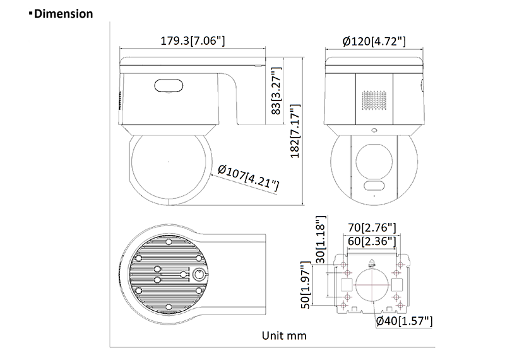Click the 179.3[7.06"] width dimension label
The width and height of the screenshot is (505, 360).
coord(193,40)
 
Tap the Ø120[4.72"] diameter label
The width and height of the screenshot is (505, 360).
coord(374,41)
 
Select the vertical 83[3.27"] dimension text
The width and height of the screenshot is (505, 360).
coord(276,91)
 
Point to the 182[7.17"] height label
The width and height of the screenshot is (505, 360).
coord(295,131)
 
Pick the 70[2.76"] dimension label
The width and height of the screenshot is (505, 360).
coord(372,227)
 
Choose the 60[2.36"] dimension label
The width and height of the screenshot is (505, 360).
coord(372,241)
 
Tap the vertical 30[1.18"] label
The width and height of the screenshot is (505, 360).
coord(321,239)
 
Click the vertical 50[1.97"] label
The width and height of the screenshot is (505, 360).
coord(306,285)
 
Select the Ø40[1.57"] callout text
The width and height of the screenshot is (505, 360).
coord(404,321)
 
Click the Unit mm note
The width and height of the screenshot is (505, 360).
coord(284,335)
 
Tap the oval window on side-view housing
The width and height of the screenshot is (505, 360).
coord(169,85)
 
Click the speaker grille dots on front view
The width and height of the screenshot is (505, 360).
coord(374,100)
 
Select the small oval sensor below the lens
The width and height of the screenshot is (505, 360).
coord(374,186)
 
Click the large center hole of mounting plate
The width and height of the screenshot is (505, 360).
coord(372,285)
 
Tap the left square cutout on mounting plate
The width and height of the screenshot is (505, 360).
coord(347,285)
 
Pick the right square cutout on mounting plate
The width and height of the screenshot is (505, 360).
coord(397,285)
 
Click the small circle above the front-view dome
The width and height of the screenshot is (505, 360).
coord(374,130)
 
